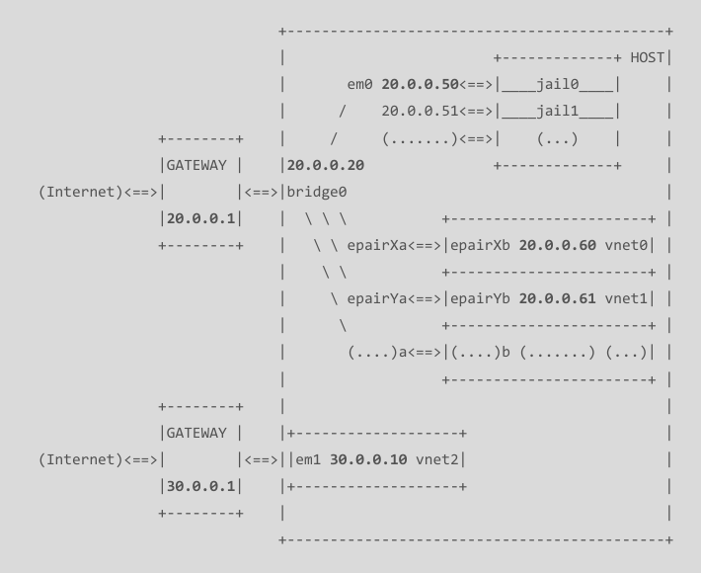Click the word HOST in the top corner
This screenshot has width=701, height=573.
pos(647,58)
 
